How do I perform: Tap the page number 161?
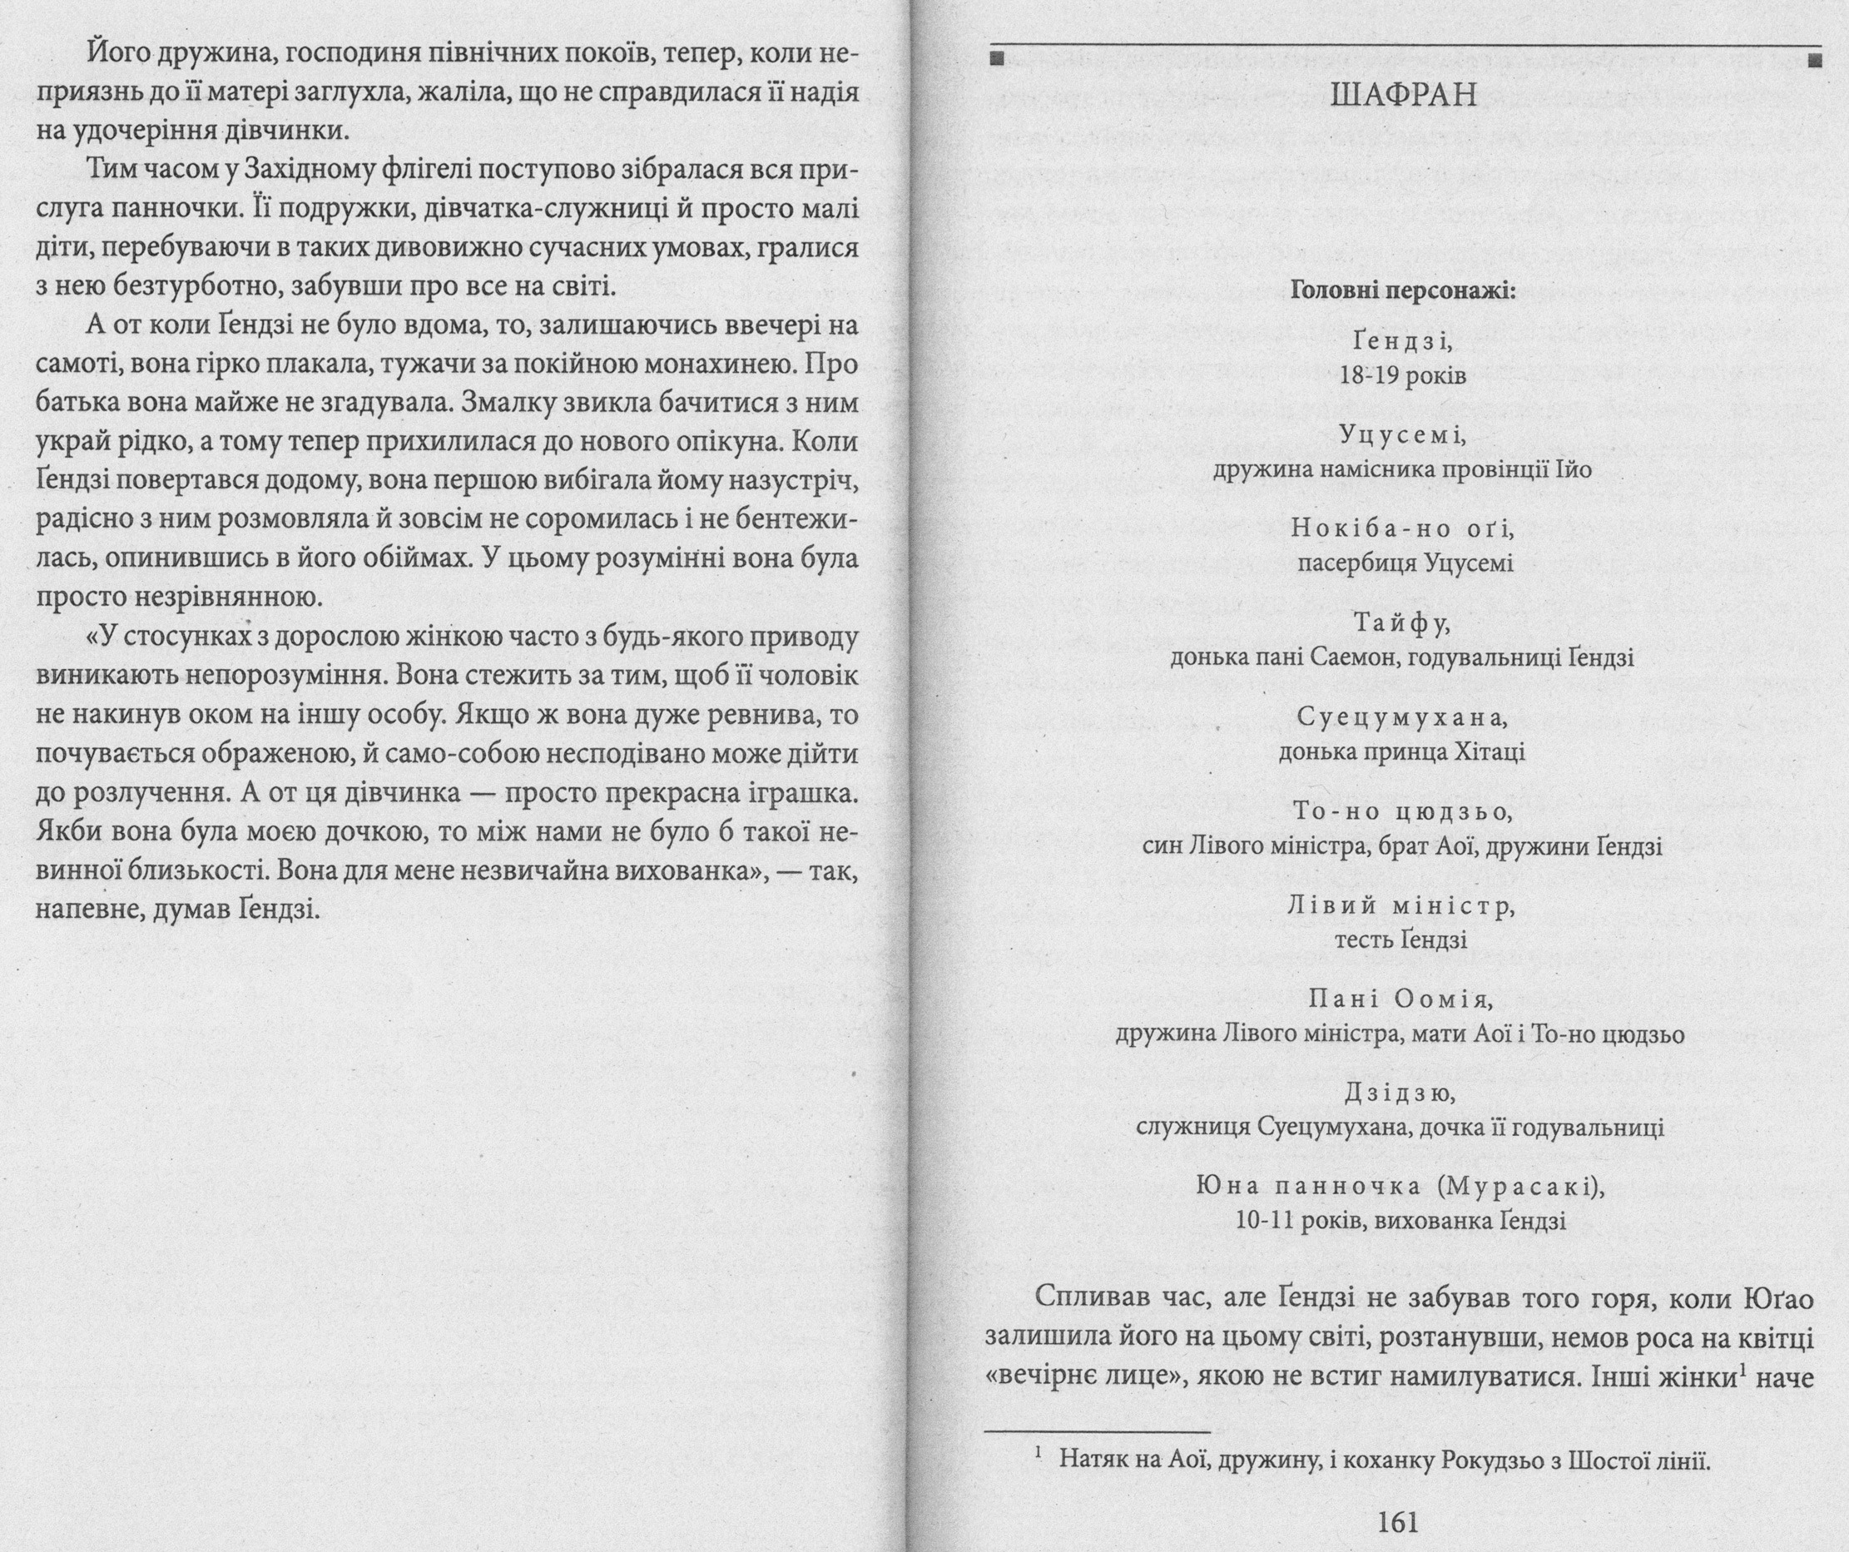pyautogui.click(x=1397, y=1522)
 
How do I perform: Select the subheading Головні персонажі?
pyautogui.click(x=1404, y=290)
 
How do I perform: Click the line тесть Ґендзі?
pyautogui.click(x=1400, y=940)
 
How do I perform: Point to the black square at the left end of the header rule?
pyautogui.click(x=997, y=60)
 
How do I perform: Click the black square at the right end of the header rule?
pyautogui.click(x=1814, y=60)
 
